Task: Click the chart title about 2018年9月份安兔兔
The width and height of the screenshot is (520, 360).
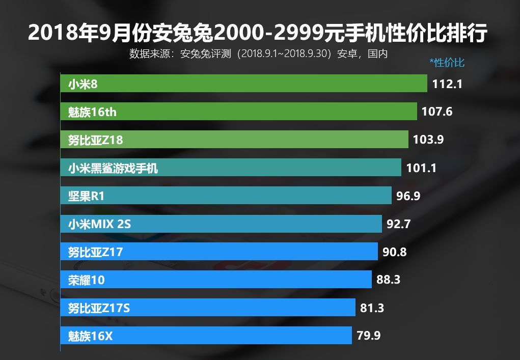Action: tap(258, 33)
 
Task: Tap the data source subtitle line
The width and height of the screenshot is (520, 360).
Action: tap(258, 53)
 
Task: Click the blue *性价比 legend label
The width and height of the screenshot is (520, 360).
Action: tap(447, 63)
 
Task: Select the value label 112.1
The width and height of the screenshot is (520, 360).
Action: tap(447, 84)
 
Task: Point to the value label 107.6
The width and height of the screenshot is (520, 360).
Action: tap(437, 112)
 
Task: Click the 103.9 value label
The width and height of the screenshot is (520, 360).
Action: tap(428, 140)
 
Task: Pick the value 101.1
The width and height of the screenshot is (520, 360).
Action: tap(421, 168)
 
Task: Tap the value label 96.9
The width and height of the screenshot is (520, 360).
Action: tap(408, 196)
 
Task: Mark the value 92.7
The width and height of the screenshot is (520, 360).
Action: tap(398, 224)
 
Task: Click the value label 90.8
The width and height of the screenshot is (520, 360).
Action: tap(394, 252)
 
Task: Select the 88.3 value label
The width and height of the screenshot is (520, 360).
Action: tap(388, 280)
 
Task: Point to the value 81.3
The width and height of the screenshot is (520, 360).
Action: tap(372, 308)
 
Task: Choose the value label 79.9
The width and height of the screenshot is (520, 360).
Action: tap(368, 336)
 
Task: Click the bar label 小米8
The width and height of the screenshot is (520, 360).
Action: tap(83, 84)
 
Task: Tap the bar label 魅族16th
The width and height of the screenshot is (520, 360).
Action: tap(92, 112)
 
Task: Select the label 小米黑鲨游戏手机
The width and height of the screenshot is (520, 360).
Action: tap(113, 168)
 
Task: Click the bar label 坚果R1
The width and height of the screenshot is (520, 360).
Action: tap(86, 196)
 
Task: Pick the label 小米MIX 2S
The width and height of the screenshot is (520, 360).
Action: tap(99, 224)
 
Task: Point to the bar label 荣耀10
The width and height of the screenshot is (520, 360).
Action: tap(86, 280)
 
